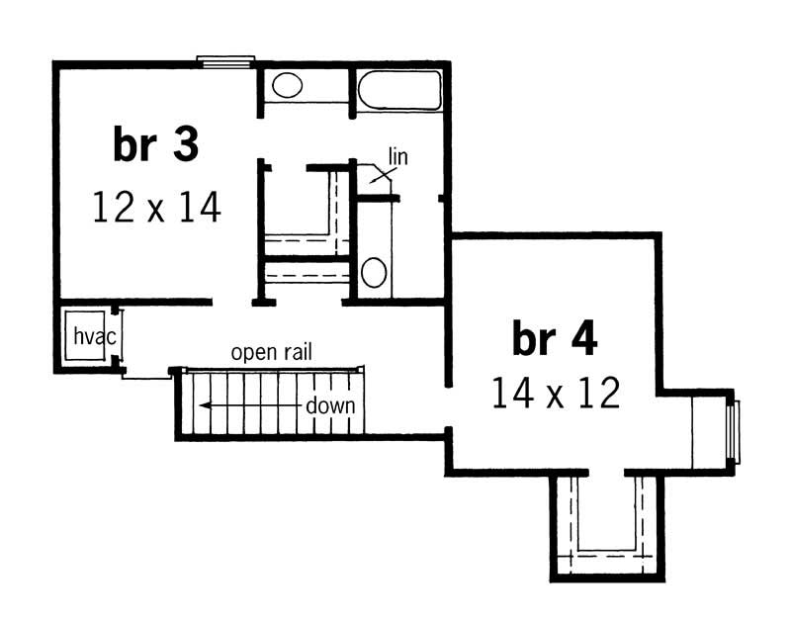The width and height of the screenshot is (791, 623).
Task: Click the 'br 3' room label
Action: (x=156, y=145)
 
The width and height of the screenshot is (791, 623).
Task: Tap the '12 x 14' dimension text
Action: (x=156, y=208)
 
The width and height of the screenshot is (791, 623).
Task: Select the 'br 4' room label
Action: (x=555, y=339)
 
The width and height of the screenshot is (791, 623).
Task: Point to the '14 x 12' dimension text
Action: (x=556, y=394)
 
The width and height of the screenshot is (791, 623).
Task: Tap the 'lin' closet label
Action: (x=397, y=156)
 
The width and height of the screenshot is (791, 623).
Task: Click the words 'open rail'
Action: (x=272, y=352)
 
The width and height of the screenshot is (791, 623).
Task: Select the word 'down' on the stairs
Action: (x=330, y=405)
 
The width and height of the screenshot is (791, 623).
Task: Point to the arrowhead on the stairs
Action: (x=202, y=404)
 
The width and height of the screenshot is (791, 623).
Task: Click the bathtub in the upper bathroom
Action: (x=398, y=91)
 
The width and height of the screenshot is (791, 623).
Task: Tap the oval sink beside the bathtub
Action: (x=287, y=85)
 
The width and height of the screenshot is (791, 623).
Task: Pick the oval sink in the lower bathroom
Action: (x=373, y=272)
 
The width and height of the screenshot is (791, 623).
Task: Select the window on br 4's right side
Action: (x=732, y=430)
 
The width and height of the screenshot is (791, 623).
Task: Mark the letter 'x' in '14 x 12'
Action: (x=555, y=395)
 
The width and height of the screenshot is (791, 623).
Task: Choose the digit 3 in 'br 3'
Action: (x=185, y=145)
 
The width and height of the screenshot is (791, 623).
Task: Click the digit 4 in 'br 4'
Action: (x=583, y=339)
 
